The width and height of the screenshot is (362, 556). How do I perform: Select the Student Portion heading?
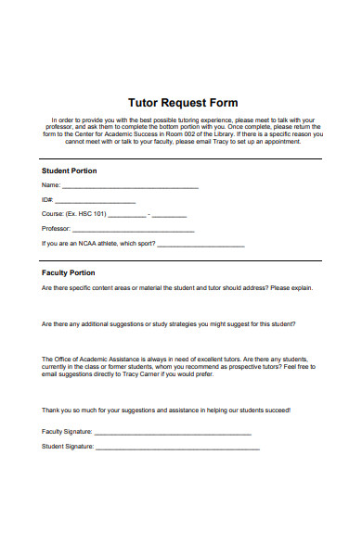tap(70, 171)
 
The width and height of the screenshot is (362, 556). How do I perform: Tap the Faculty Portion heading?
tap(69, 273)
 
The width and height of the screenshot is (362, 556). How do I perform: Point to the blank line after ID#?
tap(96, 202)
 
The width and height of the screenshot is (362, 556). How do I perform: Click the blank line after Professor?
tap(133, 231)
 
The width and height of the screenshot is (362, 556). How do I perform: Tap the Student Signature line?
tap(177, 449)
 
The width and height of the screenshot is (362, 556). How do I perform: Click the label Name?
tap(51, 185)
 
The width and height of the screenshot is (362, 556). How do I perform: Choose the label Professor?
tap(56, 229)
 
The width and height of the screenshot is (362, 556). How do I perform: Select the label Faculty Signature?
tap(68, 432)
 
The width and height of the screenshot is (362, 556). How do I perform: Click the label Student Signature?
tap(68, 447)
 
